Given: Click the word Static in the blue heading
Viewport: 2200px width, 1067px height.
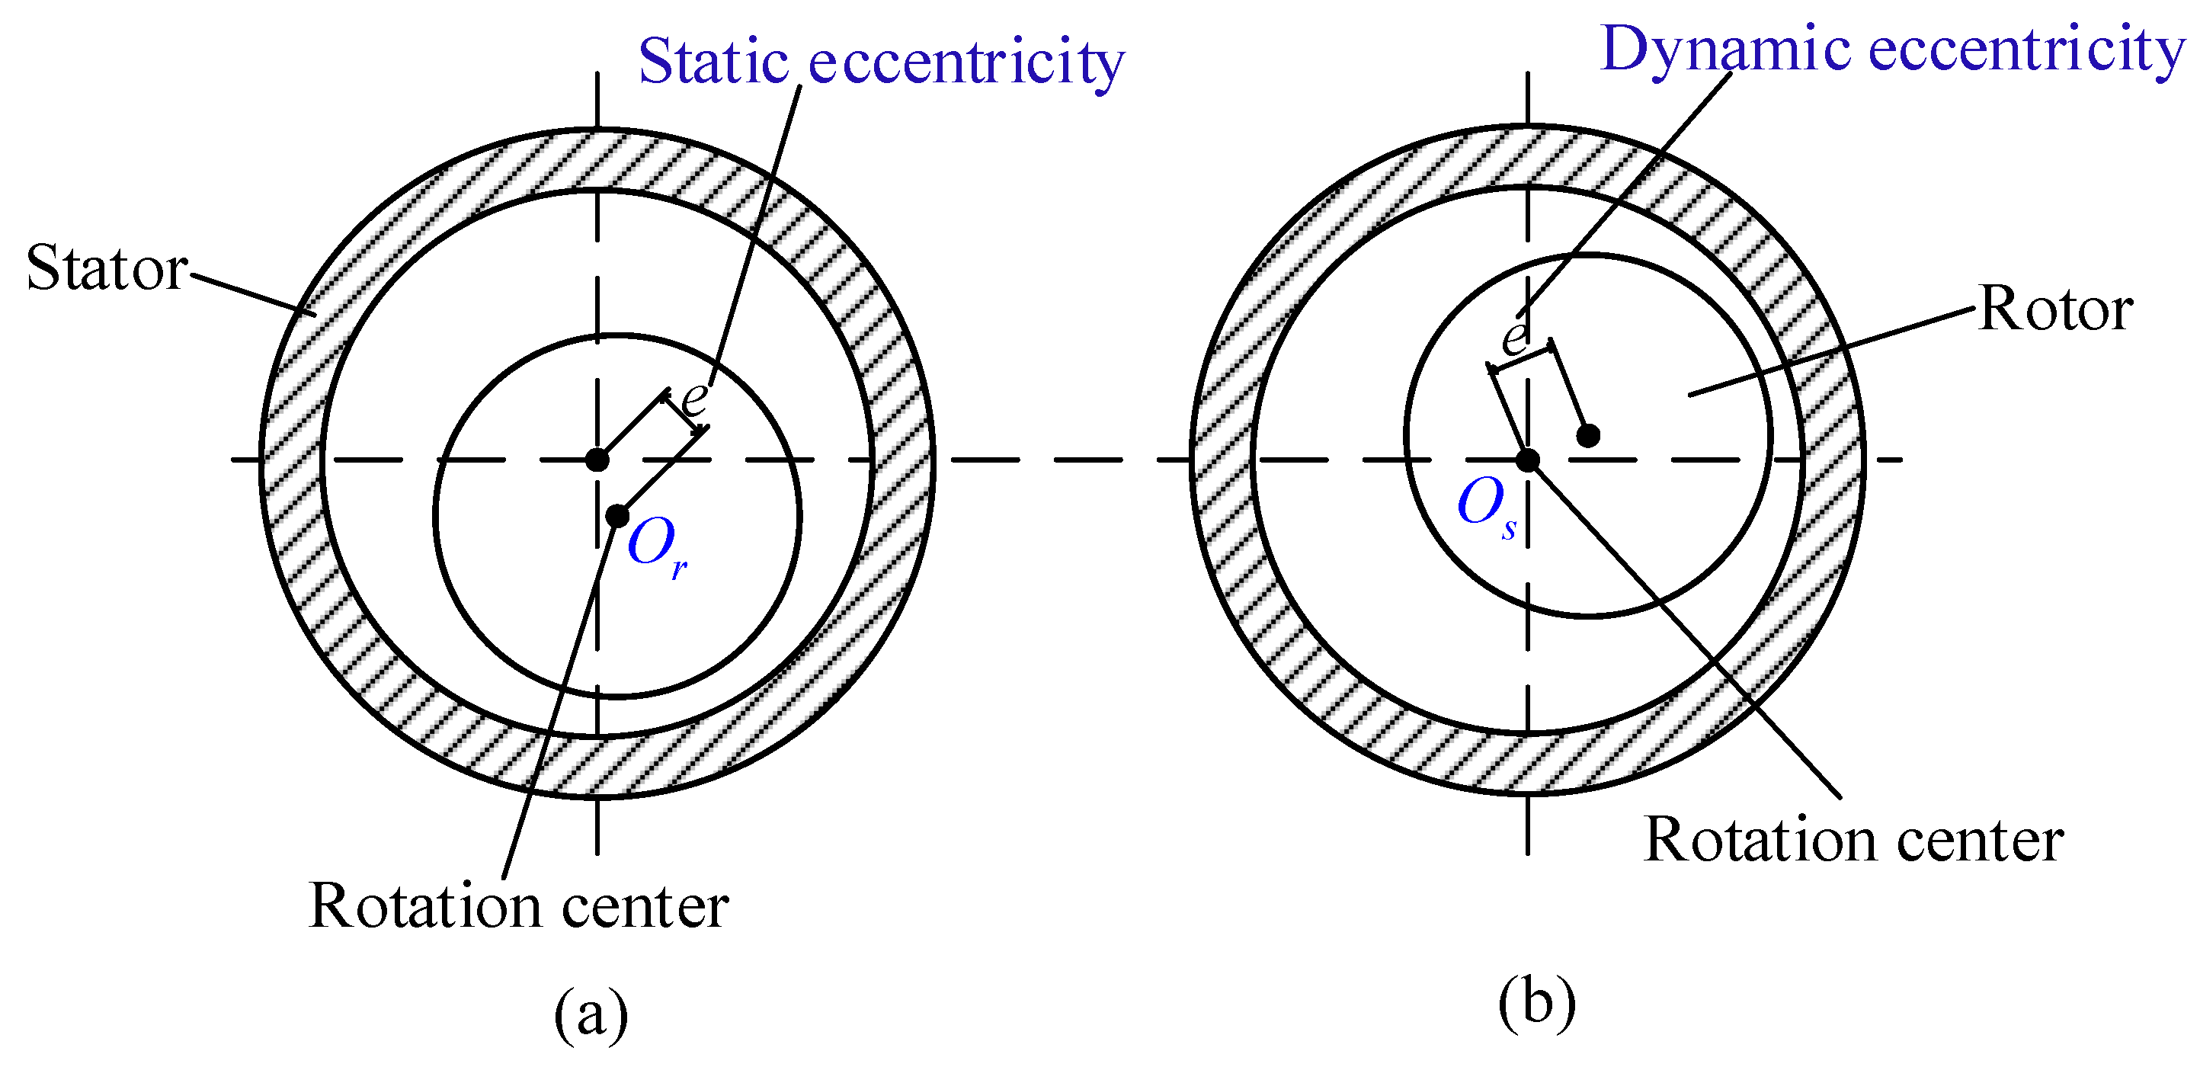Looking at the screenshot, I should pyautogui.click(x=713, y=62).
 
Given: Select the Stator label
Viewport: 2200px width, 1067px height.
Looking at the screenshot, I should pyautogui.click(x=107, y=268).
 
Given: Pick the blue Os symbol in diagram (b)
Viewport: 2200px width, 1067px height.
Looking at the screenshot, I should pyautogui.click(x=1487, y=507).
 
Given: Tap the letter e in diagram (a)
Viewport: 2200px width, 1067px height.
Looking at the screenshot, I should pyautogui.click(x=694, y=396).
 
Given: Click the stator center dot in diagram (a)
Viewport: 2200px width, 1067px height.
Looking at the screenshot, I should pyautogui.click(x=597, y=460).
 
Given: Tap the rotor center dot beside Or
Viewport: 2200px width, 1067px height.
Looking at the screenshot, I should pyautogui.click(x=616, y=516).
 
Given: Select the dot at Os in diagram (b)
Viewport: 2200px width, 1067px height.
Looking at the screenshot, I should pyautogui.click(x=1527, y=460).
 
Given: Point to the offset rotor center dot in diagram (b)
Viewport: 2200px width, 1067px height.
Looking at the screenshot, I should pyautogui.click(x=1587, y=436).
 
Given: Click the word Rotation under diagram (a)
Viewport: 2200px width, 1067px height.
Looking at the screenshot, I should pyautogui.click(x=425, y=905).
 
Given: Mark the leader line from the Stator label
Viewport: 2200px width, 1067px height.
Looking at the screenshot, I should pyautogui.click(x=252, y=292).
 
